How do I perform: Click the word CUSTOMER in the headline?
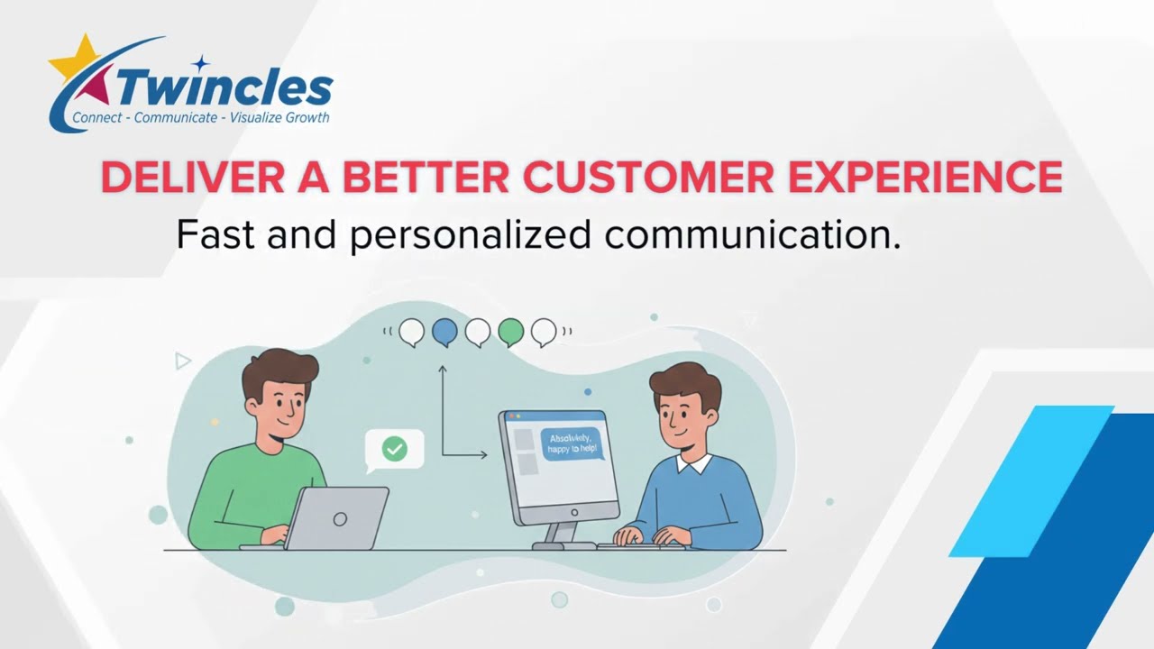[x=648, y=177]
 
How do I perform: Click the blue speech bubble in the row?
[x=444, y=332]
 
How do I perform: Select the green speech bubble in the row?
[x=511, y=332]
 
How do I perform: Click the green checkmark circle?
[x=394, y=448]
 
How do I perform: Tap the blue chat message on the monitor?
[x=570, y=443]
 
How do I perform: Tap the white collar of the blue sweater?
[x=694, y=464]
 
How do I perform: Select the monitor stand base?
[x=563, y=544]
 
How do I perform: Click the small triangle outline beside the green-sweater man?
[x=183, y=361]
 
